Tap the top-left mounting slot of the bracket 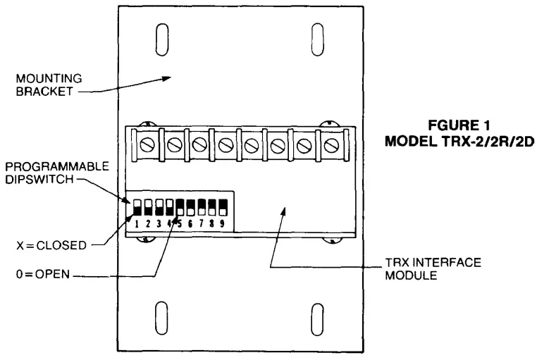pyautogui.click(x=161, y=35)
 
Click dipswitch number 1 pyautogui.click(x=138, y=207)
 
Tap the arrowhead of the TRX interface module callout pyautogui.click(x=283, y=209)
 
